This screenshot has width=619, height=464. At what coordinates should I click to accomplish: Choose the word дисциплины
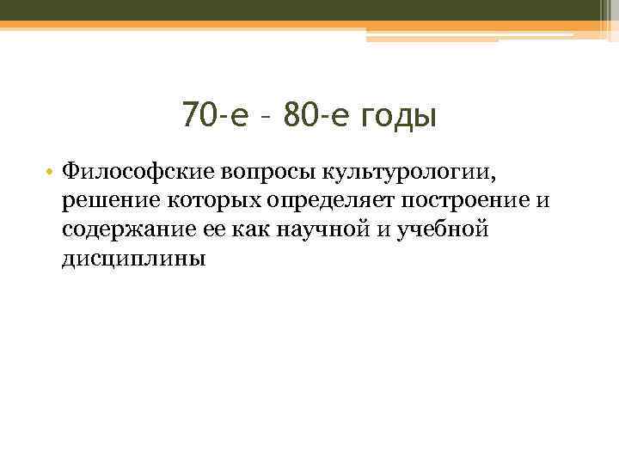pos(133,259)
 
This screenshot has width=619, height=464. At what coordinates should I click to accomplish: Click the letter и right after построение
pos(541,201)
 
